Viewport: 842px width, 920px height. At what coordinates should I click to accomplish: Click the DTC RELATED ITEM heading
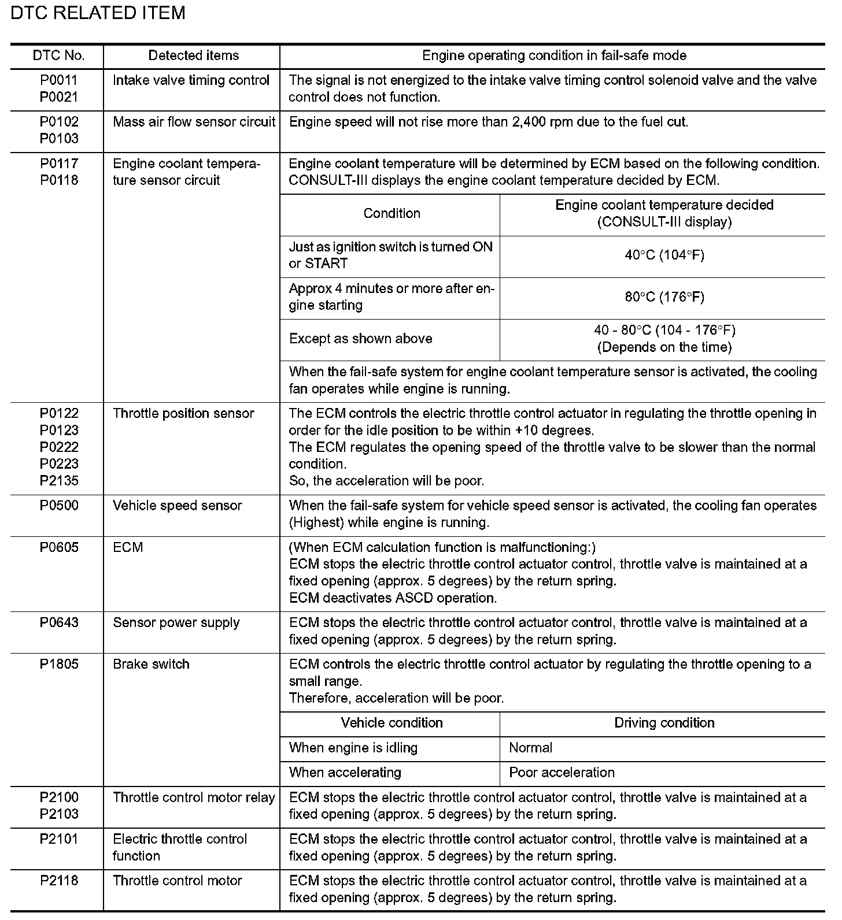click(x=98, y=13)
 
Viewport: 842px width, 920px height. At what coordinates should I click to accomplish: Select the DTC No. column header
click(x=58, y=55)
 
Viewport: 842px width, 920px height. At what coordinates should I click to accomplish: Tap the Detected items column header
click(x=193, y=55)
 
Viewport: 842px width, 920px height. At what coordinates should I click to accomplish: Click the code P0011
click(x=58, y=80)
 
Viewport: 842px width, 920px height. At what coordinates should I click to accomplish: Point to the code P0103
click(x=58, y=139)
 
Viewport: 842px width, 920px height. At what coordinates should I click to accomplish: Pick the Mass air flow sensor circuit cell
click(x=194, y=122)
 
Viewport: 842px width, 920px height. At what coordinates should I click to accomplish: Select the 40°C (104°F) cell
click(x=664, y=255)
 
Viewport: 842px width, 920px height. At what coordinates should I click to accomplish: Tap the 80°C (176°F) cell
click(x=664, y=297)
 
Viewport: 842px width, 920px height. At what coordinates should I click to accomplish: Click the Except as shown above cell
click(x=361, y=339)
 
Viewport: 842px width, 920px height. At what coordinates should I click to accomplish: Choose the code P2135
click(x=58, y=481)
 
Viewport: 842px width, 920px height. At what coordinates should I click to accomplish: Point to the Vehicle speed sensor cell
click(x=178, y=506)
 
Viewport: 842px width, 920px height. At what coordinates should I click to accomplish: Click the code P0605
click(x=58, y=547)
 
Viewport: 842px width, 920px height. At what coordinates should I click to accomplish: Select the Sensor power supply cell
click(x=176, y=623)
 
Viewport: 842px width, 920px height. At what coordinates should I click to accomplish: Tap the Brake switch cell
click(x=152, y=665)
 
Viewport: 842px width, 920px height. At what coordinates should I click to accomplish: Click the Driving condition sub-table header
click(x=664, y=723)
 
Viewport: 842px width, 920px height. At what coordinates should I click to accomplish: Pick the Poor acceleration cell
click(x=562, y=773)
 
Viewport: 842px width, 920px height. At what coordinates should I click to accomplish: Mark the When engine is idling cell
click(x=353, y=748)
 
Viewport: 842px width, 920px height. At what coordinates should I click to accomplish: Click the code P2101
click(x=58, y=839)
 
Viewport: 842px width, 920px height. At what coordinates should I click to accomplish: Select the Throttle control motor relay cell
click(x=194, y=797)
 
